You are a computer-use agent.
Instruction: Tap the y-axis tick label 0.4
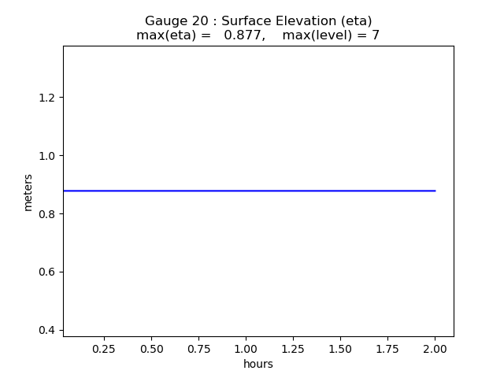click(x=47, y=330)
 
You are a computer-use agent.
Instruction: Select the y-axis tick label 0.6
click(x=47, y=272)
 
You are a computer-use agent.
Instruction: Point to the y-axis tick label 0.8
click(x=47, y=213)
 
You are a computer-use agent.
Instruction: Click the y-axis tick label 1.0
click(x=47, y=155)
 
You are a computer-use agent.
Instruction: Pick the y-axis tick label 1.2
click(x=47, y=98)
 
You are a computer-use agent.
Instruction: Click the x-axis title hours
click(x=258, y=364)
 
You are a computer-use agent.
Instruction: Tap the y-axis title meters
click(x=28, y=192)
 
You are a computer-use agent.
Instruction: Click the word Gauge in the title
click(x=164, y=21)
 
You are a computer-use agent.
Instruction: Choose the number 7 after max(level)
click(x=376, y=35)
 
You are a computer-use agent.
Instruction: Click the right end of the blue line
click(x=435, y=191)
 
